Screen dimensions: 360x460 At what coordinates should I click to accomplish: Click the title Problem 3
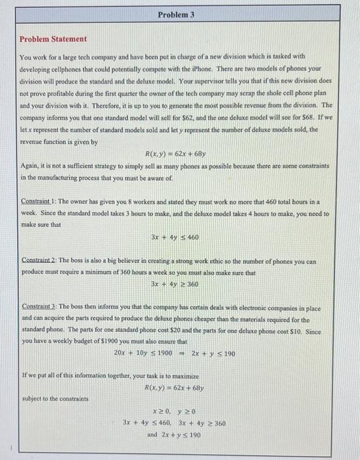pyautogui.click(x=176, y=14)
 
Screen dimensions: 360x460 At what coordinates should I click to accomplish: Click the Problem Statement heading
pyautogui.click(x=52, y=39)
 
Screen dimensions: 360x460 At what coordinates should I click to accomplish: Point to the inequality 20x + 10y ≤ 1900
pyautogui.click(x=143, y=354)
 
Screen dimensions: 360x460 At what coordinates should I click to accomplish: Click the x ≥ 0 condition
pyautogui.click(x=160, y=412)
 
